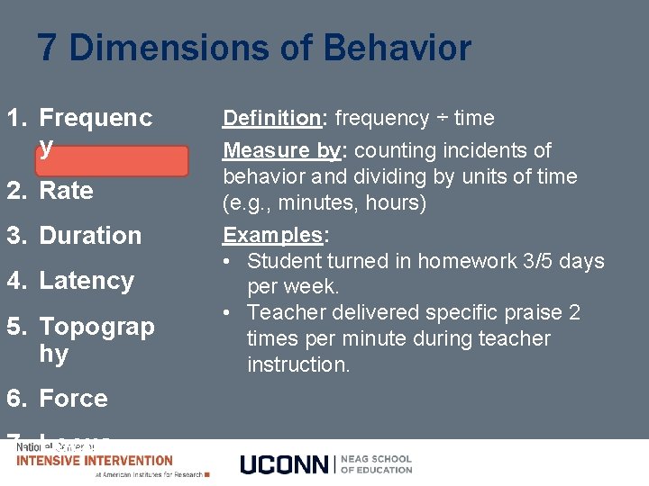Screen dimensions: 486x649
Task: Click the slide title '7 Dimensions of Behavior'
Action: coord(254,48)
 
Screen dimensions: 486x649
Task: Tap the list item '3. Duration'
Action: coord(75,236)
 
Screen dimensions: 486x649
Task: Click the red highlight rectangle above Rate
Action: coord(112,162)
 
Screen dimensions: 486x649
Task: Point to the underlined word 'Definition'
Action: coord(271,118)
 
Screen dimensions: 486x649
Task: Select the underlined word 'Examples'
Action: coord(274,235)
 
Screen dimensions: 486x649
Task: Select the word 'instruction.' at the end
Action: coord(298,364)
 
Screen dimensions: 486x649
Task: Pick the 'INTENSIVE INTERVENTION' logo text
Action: coord(95,461)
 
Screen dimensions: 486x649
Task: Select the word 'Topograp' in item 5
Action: coord(96,326)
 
